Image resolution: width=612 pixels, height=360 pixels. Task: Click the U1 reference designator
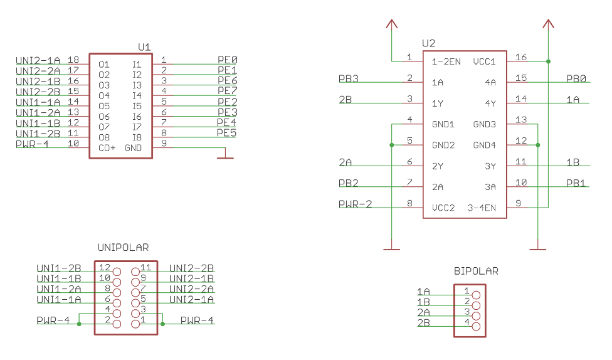144,47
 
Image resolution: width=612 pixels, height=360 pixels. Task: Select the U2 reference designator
429,43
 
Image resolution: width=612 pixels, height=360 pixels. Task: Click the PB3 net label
348,79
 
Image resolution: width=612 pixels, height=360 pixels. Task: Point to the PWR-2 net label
355,204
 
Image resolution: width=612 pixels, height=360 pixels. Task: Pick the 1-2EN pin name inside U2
446,61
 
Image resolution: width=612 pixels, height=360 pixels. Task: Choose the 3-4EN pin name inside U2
482,208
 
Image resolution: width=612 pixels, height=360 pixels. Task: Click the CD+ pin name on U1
107,148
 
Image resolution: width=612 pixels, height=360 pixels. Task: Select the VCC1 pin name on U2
484,61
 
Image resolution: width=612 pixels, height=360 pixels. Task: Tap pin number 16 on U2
520,58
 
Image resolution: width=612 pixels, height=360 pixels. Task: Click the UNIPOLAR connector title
123,248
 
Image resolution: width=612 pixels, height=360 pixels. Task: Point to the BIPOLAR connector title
476,272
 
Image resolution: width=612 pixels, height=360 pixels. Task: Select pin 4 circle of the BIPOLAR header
476,326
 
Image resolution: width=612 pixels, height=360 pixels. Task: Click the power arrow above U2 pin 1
392,24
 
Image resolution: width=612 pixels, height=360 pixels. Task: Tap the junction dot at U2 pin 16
549,61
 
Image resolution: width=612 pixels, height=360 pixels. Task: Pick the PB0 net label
576,79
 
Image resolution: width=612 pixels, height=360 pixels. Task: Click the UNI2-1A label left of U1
38,60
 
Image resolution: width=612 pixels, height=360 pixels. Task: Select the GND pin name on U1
133,148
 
